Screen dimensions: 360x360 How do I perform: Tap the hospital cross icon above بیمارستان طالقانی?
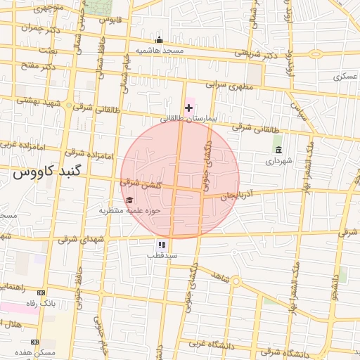188,108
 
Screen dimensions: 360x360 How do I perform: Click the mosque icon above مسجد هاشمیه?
160,39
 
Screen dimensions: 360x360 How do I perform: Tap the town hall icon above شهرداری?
278,150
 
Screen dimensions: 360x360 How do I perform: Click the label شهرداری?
277,161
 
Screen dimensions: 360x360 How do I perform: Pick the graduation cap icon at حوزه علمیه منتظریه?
129,200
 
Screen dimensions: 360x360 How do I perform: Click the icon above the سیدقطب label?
162,245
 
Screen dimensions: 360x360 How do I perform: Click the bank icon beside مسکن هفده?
34,342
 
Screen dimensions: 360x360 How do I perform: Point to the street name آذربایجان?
236,198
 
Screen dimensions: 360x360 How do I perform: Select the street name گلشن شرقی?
141,184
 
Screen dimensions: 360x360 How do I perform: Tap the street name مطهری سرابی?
229,85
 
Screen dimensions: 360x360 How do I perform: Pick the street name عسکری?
347,75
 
